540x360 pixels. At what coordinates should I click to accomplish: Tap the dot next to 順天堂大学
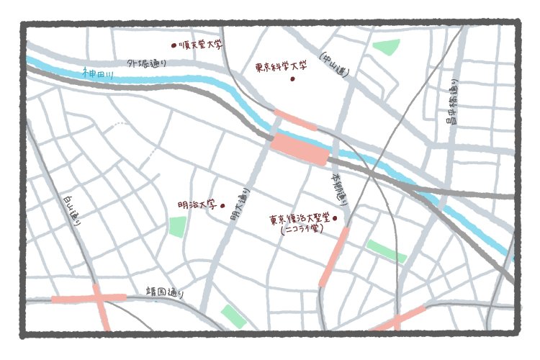tap(174, 45)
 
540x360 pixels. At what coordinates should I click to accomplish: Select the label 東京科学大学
tap(282, 66)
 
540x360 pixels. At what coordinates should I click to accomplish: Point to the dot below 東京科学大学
tap(292, 78)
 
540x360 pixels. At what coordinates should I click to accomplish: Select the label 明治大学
tap(197, 205)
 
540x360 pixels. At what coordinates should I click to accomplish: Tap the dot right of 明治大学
tap(222, 205)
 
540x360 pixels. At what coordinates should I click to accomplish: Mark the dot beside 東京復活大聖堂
tap(336, 219)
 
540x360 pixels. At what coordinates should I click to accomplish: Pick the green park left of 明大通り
tap(177, 227)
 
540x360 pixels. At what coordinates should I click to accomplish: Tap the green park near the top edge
tap(387, 48)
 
